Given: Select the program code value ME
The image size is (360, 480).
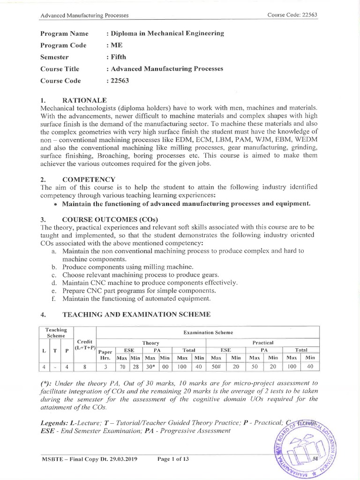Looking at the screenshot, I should coord(116,45).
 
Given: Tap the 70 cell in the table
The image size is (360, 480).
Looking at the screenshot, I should coord(123,367).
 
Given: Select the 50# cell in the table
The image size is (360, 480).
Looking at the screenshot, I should coord(217,367).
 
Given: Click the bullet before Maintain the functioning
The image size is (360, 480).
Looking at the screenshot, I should coord(56,204).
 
